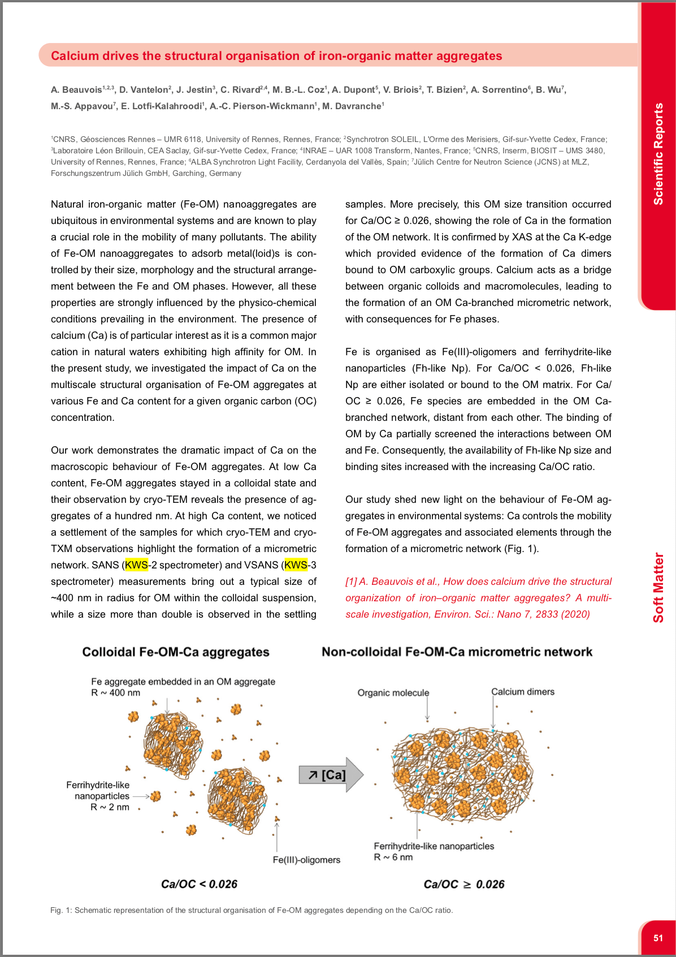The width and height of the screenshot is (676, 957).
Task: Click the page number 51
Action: tap(658, 938)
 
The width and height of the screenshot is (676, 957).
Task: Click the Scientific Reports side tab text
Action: tap(658, 154)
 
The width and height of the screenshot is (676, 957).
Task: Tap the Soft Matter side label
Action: tap(658, 588)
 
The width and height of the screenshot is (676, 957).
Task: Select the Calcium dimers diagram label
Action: tap(523, 692)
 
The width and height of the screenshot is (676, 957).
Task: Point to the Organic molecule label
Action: tap(393, 693)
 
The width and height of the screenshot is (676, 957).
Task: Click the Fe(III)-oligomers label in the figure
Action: tap(306, 860)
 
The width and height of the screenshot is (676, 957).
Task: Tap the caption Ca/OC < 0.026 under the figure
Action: tap(199, 884)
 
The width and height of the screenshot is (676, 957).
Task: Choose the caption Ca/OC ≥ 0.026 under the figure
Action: tap(463, 884)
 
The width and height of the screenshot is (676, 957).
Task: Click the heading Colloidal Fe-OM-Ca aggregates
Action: tap(176, 652)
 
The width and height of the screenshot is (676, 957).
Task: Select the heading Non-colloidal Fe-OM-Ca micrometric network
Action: tap(457, 652)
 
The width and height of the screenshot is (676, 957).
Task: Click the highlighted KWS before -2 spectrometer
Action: tap(136, 565)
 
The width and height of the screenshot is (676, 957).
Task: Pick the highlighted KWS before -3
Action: tap(296, 565)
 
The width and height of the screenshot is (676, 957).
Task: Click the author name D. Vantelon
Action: tap(144, 90)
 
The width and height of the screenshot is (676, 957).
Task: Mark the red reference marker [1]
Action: tap(351, 581)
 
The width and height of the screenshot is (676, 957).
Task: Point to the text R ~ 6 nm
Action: tap(393, 857)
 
